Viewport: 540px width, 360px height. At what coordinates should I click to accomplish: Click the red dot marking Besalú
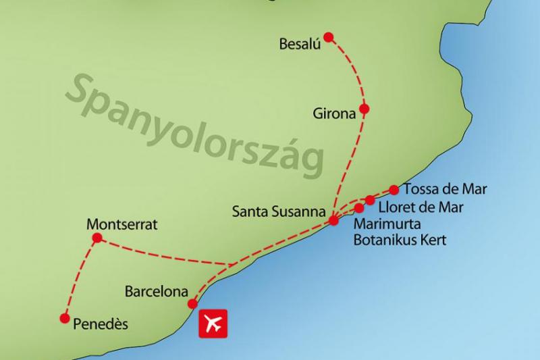pyautogui.click(x=329, y=36)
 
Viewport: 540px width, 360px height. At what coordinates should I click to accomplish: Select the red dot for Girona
pyautogui.click(x=364, y=109)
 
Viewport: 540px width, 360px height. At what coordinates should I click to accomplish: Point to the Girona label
pyautogui.click(x=333, y=114)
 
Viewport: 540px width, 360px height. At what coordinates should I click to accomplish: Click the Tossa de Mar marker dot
pyautogui.click(x=394, y=190)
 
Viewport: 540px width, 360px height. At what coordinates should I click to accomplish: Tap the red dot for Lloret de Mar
pyautogui.click(x=371, y=199)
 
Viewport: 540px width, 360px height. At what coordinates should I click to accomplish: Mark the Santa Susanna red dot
pyautogui.click(x=333, y=220)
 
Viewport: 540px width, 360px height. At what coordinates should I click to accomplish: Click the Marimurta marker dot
pyautogui.click(x=359, y=208)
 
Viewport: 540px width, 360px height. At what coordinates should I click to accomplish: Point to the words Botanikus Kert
pyautogui.click(x=400, y=240)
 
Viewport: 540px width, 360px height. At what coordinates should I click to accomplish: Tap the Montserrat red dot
pyautogui.click(x=97, y=238)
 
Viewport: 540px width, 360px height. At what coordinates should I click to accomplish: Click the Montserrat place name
pyautogui.click(x=122, y=224)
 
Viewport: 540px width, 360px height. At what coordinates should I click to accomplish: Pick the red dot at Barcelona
pyautogui.click(x=192, y=303)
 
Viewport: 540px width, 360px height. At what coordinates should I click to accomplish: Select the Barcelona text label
pyautogui.click(x=156, y=292)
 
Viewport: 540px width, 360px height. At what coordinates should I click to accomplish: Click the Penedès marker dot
pyautogui.click(x=65, y=318)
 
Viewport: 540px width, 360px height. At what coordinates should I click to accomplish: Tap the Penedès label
pyautogui.click(x=99, y=325)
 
